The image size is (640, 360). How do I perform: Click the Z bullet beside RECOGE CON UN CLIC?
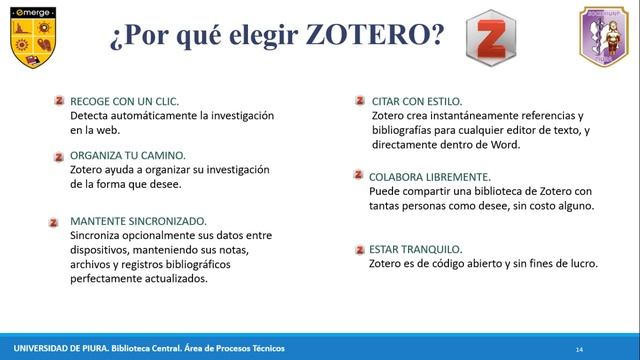60,100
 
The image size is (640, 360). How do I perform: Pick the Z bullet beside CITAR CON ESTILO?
360,100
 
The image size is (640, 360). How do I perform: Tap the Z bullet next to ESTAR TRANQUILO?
359,248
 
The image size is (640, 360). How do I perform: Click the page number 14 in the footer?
579,347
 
